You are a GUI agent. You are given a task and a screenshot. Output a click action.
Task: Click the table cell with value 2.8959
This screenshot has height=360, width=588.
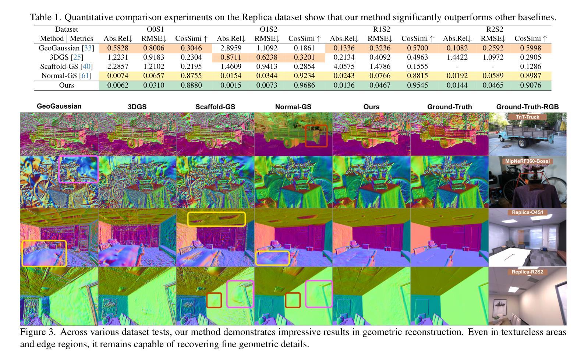231,48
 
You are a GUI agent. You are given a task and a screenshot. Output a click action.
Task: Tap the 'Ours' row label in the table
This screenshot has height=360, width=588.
67,85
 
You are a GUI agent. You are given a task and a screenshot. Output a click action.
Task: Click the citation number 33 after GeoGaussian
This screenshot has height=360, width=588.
88,48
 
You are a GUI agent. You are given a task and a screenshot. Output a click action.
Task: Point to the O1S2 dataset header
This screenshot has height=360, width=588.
269,29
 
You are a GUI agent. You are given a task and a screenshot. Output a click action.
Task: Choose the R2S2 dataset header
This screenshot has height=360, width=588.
495,29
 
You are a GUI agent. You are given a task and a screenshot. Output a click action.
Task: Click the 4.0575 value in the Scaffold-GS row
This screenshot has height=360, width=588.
344,67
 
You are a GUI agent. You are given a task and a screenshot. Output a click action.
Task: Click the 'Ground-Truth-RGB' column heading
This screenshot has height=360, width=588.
527,107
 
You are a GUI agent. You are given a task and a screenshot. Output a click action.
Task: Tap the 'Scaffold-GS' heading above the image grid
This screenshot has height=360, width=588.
215,107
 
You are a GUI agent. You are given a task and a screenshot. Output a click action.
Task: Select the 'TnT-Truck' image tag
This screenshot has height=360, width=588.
527,117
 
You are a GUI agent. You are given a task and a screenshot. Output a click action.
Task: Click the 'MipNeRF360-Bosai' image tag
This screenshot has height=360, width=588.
527,161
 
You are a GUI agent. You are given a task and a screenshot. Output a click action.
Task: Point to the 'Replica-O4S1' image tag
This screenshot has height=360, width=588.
527,212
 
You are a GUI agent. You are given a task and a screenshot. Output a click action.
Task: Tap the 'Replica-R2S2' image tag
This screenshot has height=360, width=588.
527,272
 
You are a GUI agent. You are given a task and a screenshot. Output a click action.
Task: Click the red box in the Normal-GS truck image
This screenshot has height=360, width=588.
316,136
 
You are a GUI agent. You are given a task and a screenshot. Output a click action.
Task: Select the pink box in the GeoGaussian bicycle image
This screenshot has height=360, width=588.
78,169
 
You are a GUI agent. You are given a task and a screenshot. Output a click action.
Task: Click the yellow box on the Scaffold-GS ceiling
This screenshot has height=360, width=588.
216,219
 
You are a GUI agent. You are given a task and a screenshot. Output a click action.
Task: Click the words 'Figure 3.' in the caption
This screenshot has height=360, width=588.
38,332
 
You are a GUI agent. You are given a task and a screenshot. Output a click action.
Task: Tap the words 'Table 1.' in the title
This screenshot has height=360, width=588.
46,17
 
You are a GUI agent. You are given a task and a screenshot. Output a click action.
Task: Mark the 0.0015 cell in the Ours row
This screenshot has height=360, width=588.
231,85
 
